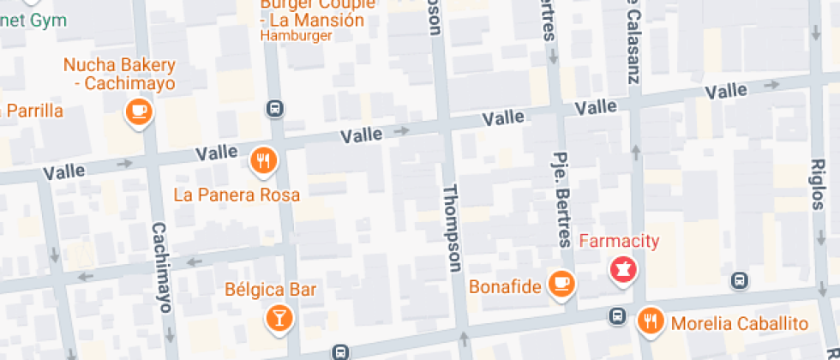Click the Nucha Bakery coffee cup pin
point(138,111)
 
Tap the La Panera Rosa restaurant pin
point(263,160)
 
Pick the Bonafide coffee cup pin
point(561,282)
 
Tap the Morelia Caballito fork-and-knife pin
point(651,321)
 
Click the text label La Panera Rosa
point(237,195)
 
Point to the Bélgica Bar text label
point(271,289)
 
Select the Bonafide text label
point(505,286)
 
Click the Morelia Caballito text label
point(740,324)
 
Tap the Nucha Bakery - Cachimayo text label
point(119,74)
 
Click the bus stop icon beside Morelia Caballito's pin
point(616,315)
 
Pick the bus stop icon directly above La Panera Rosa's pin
point(274,109)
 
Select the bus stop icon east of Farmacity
point(739,280)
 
